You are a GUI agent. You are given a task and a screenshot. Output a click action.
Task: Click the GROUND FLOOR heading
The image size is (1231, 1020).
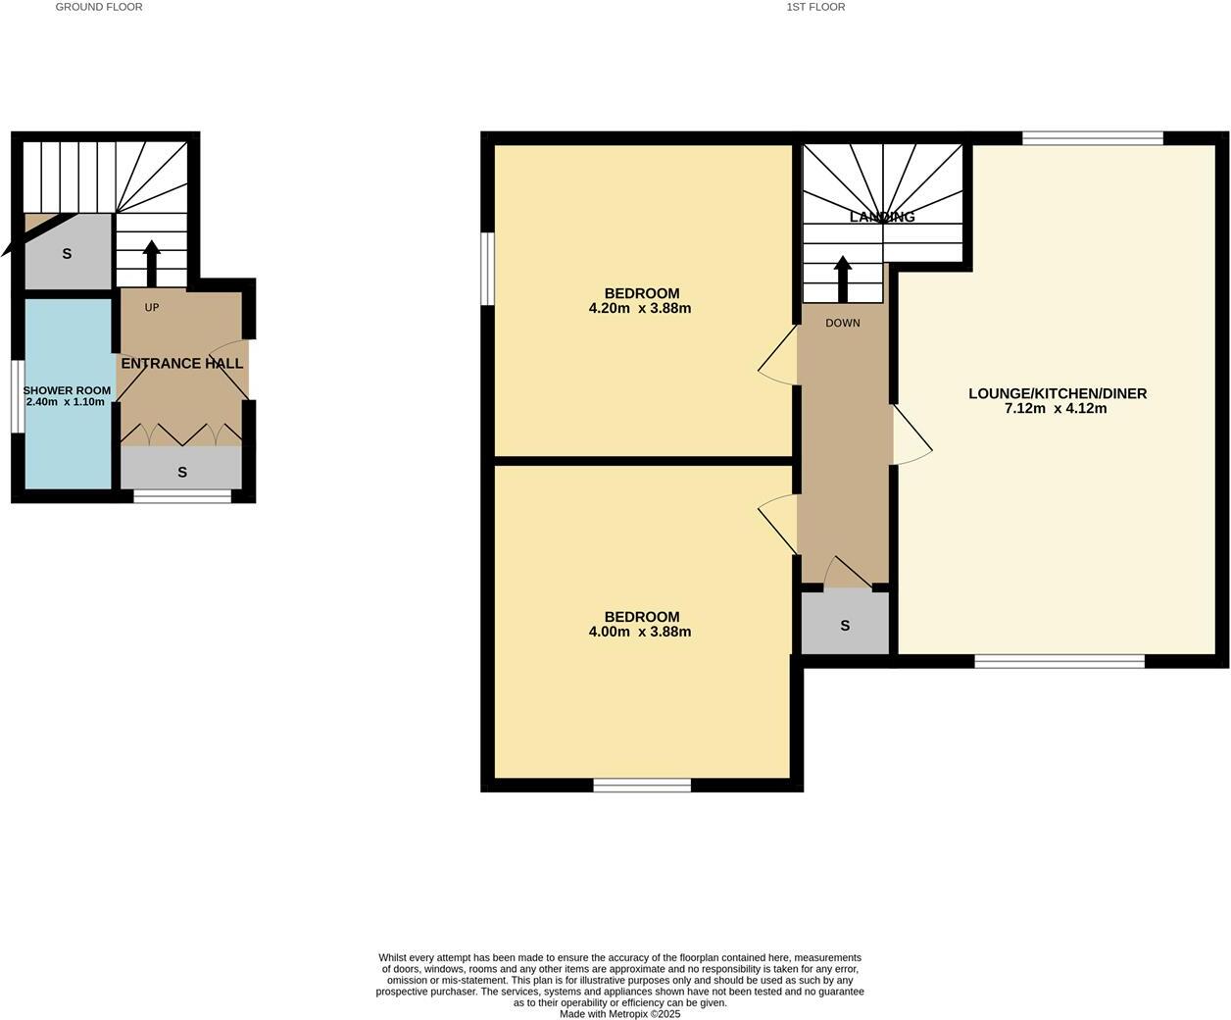point(99,7)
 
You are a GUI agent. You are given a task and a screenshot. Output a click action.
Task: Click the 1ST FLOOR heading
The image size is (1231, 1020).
point(815,7)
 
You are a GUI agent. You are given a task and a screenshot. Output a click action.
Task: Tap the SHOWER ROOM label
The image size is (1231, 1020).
point(67,390)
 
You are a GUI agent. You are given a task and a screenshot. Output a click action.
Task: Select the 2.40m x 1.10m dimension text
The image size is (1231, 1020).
point(66,402)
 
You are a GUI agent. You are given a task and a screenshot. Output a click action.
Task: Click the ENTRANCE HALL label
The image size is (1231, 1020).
point(182,364)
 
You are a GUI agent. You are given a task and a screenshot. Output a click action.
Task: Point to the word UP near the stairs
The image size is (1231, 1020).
point(152,308)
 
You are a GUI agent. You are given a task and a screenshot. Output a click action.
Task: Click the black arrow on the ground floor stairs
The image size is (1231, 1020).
point(151,263)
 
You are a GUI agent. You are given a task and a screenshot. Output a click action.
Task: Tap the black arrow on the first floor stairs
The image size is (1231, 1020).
point(842,280)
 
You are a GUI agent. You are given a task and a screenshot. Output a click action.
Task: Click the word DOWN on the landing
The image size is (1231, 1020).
point(842,323)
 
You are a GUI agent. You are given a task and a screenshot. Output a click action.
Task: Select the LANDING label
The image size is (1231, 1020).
point(882,217)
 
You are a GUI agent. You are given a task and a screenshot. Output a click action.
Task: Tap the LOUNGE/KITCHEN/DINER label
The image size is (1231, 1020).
point(1058,393)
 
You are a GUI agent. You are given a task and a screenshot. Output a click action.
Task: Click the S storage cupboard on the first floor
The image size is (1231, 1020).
point(845,626)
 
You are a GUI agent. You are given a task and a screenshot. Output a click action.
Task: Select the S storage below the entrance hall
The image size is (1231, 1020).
point(182,473)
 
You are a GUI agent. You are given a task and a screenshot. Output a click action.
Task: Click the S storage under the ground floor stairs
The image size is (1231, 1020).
point(67,254)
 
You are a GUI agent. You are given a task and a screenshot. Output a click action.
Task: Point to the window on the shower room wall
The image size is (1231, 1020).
point(17,396)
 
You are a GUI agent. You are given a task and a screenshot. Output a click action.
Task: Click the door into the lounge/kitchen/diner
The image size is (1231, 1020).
point(910,435)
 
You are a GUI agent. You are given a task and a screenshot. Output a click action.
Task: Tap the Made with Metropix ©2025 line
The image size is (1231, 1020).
point(619,1014)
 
